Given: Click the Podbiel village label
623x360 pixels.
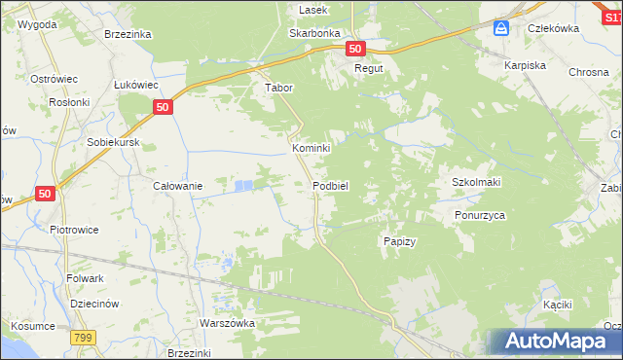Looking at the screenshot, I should (331, 185).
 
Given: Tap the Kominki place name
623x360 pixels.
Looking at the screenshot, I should (311, 148).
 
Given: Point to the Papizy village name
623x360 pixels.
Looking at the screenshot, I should (399, 241).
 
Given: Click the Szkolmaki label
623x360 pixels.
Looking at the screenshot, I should (476, 182).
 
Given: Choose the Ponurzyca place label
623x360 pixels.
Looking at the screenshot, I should (480, 215).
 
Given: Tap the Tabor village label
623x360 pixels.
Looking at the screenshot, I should (279, 87).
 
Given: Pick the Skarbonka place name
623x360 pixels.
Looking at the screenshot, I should (313, 32).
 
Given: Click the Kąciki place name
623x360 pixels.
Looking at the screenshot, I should (557, 306).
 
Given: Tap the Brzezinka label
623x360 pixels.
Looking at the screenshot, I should (128, 33).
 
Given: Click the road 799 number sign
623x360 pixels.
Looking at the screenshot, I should (83, 337).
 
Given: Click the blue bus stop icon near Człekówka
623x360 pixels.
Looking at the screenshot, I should (501, 28).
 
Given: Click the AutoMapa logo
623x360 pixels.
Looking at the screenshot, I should (552, 342).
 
